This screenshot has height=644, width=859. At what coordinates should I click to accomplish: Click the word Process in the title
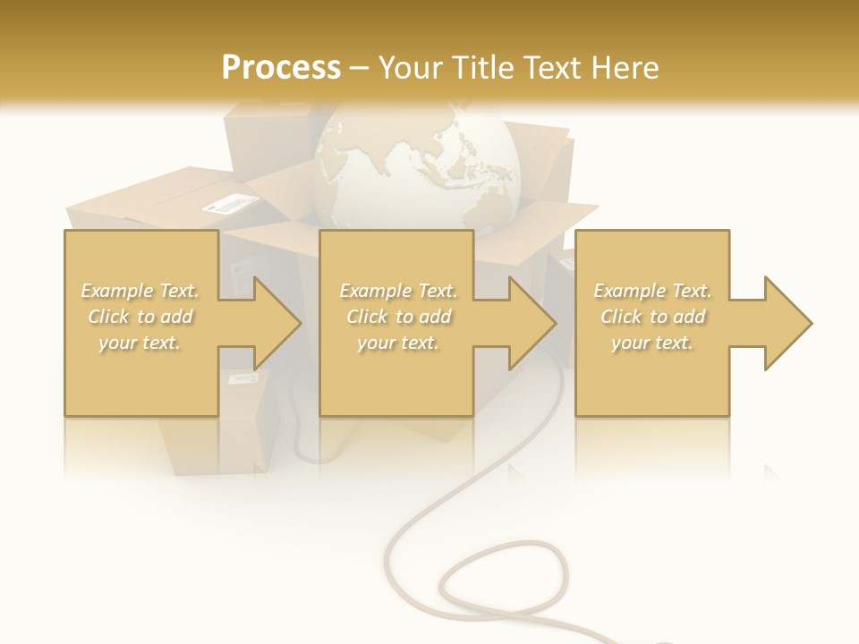(x=281, y=68)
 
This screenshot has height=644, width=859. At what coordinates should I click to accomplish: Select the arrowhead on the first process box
(x=276, y=323)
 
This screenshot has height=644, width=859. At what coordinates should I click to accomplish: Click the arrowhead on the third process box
(x=787, y=323)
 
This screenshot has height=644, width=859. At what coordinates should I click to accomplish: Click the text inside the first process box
(x=140, y=316)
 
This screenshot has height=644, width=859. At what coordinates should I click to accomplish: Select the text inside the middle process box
(x=397, y=316)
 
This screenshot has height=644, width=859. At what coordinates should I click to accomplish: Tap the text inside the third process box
(x=652, y=316)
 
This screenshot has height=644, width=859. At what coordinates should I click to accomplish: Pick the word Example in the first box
(x=116, y=291)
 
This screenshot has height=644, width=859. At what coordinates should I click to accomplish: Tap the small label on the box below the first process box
(x=242, y=379)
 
